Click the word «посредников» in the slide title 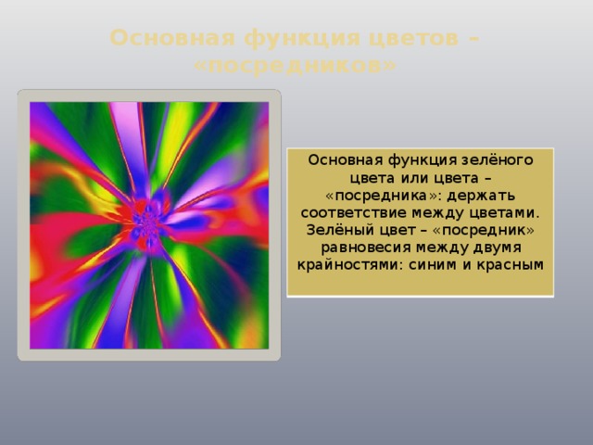296,66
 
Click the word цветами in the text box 509,214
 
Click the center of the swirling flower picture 148,225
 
